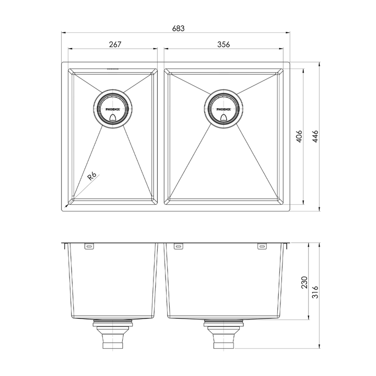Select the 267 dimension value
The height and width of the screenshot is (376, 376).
(x=115, y=44)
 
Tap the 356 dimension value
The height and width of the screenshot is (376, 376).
(x=224, y=44)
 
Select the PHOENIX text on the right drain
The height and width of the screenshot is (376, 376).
(x=225, y=110)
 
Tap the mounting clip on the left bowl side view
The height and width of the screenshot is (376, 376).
(x=89, y=245)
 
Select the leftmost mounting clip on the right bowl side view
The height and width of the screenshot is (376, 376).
(x=178, y=245)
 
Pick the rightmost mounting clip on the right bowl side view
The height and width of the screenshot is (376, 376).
(x=261, y=245)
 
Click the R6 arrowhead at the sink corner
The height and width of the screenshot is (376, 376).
(x=67, y=205)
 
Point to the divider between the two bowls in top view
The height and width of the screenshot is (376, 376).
(x=161, y=136)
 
